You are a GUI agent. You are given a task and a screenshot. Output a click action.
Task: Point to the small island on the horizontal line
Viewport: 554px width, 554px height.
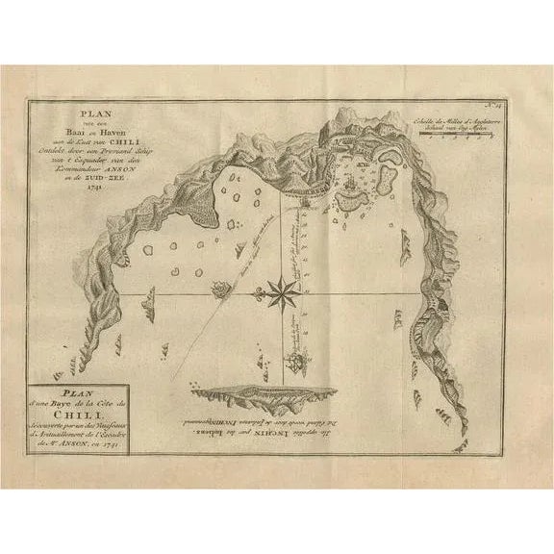pos(220,286)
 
